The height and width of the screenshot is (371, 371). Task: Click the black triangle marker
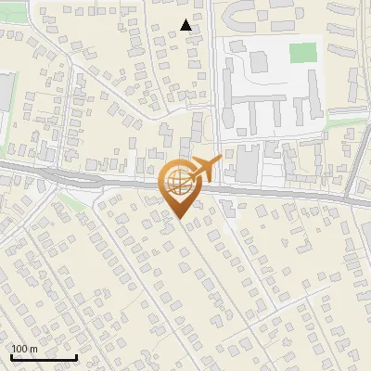(x=186, y=25)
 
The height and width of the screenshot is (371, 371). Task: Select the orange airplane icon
(x=207, y=168)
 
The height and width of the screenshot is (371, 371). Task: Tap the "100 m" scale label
(x=24, y=349)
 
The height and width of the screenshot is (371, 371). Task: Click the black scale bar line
(x=43, y=357)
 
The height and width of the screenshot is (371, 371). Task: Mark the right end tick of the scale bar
(x=76, y=355)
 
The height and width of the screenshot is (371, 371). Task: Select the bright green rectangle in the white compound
(x=302, y=53)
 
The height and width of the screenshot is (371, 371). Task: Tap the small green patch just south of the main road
(x=72, y=200)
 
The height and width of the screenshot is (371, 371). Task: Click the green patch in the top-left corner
(x=11, y=35)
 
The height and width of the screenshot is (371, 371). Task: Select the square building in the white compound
(x=259, y=61)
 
